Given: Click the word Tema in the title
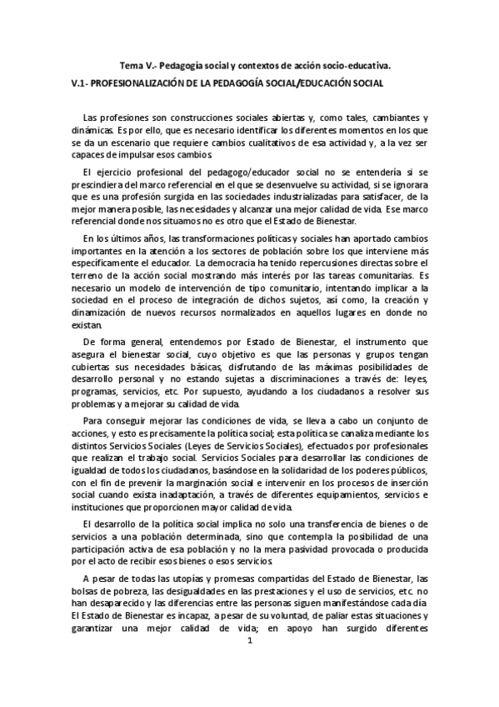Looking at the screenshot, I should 132,63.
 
